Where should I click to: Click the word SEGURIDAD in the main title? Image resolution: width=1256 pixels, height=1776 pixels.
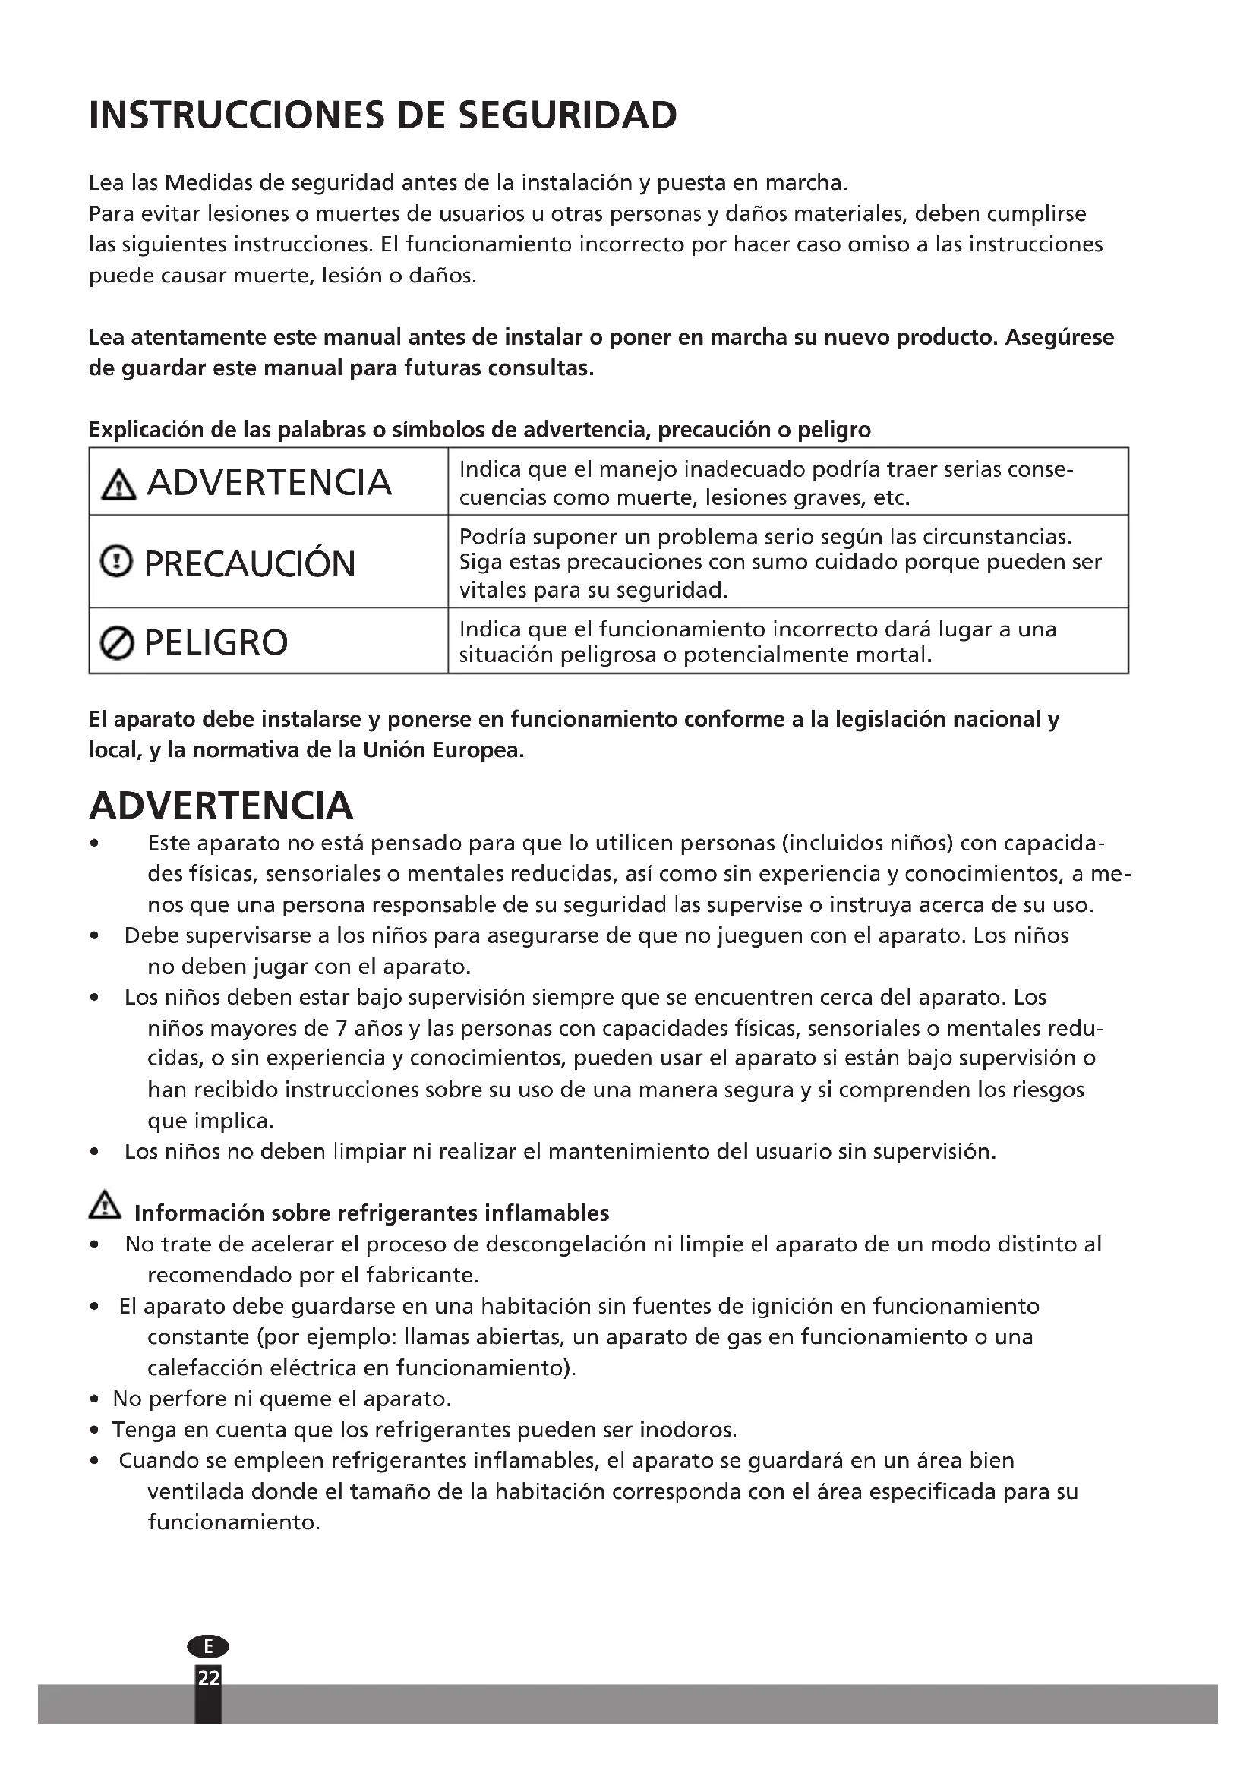[x=568, y=115]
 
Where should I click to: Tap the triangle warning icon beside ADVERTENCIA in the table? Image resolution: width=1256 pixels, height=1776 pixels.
[x=118, y=485]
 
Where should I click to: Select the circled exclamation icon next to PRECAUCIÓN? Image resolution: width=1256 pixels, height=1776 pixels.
[x=117, y=561]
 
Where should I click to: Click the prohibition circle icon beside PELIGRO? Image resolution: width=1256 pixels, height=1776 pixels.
[x=117, y=643]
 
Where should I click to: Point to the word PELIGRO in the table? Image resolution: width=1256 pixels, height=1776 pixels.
[x=216, y=643]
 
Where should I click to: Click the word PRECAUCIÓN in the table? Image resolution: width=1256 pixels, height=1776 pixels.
[x=249, y=563]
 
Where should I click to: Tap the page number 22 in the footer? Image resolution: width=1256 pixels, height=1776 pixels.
[x=208, y=1677]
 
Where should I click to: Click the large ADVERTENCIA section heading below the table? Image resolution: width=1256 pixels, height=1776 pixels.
[x=221, y=805]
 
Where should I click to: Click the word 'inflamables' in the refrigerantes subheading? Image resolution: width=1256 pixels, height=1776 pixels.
[x=546, y=1213]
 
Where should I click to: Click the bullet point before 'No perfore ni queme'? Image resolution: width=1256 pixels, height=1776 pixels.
[x=94, y=1399]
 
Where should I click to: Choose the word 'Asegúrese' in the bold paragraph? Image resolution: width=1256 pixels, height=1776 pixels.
[x=1059, y=337]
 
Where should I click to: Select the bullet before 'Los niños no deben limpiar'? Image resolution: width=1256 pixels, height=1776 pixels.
[x=94, y=1152]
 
